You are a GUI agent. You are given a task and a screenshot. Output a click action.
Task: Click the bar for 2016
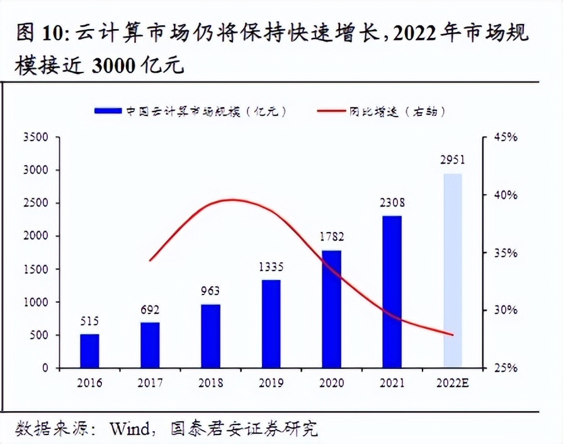coord(89,351)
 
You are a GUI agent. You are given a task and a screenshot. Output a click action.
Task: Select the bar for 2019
coord(271,324)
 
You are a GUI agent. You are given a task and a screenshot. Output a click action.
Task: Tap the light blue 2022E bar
coord(453,271)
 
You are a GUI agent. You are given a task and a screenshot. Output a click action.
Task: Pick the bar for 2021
coord(392,291)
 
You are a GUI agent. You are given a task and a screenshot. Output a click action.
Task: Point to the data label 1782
coord(331,238)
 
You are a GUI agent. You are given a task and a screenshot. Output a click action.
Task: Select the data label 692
coord(150,310)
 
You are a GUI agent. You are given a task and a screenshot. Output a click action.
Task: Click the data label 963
coord(210,292)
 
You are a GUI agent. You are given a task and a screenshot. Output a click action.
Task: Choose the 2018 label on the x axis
coord(210,383)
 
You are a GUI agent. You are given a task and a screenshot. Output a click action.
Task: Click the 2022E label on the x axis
coord(453,383)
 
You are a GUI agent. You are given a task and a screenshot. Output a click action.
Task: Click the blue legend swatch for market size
coord(107,110)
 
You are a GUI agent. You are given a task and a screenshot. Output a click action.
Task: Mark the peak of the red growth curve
coord(232,200)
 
